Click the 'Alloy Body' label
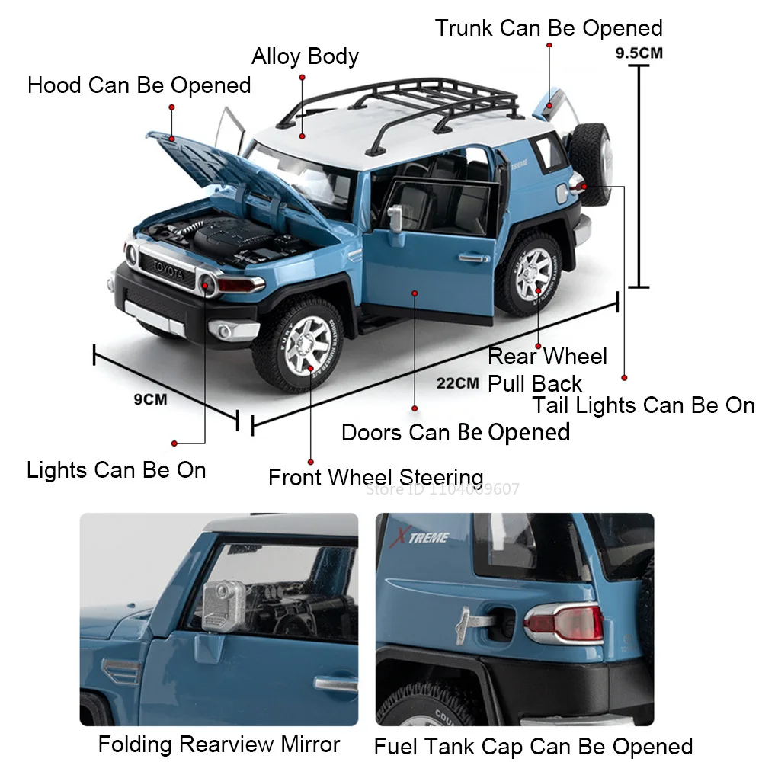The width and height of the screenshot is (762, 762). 305,56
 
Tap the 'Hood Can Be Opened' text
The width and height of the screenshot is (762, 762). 139,85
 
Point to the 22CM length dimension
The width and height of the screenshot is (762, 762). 457,383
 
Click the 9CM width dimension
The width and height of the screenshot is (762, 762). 150,398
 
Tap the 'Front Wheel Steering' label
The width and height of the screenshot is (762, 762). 376,478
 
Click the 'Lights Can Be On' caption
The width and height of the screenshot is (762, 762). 116,469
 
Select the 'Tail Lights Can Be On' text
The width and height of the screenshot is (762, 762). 643,405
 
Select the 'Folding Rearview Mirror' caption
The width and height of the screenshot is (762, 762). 219,743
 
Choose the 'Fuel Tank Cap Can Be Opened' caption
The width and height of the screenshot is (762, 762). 533,745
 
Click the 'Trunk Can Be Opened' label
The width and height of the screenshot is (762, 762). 549,28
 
